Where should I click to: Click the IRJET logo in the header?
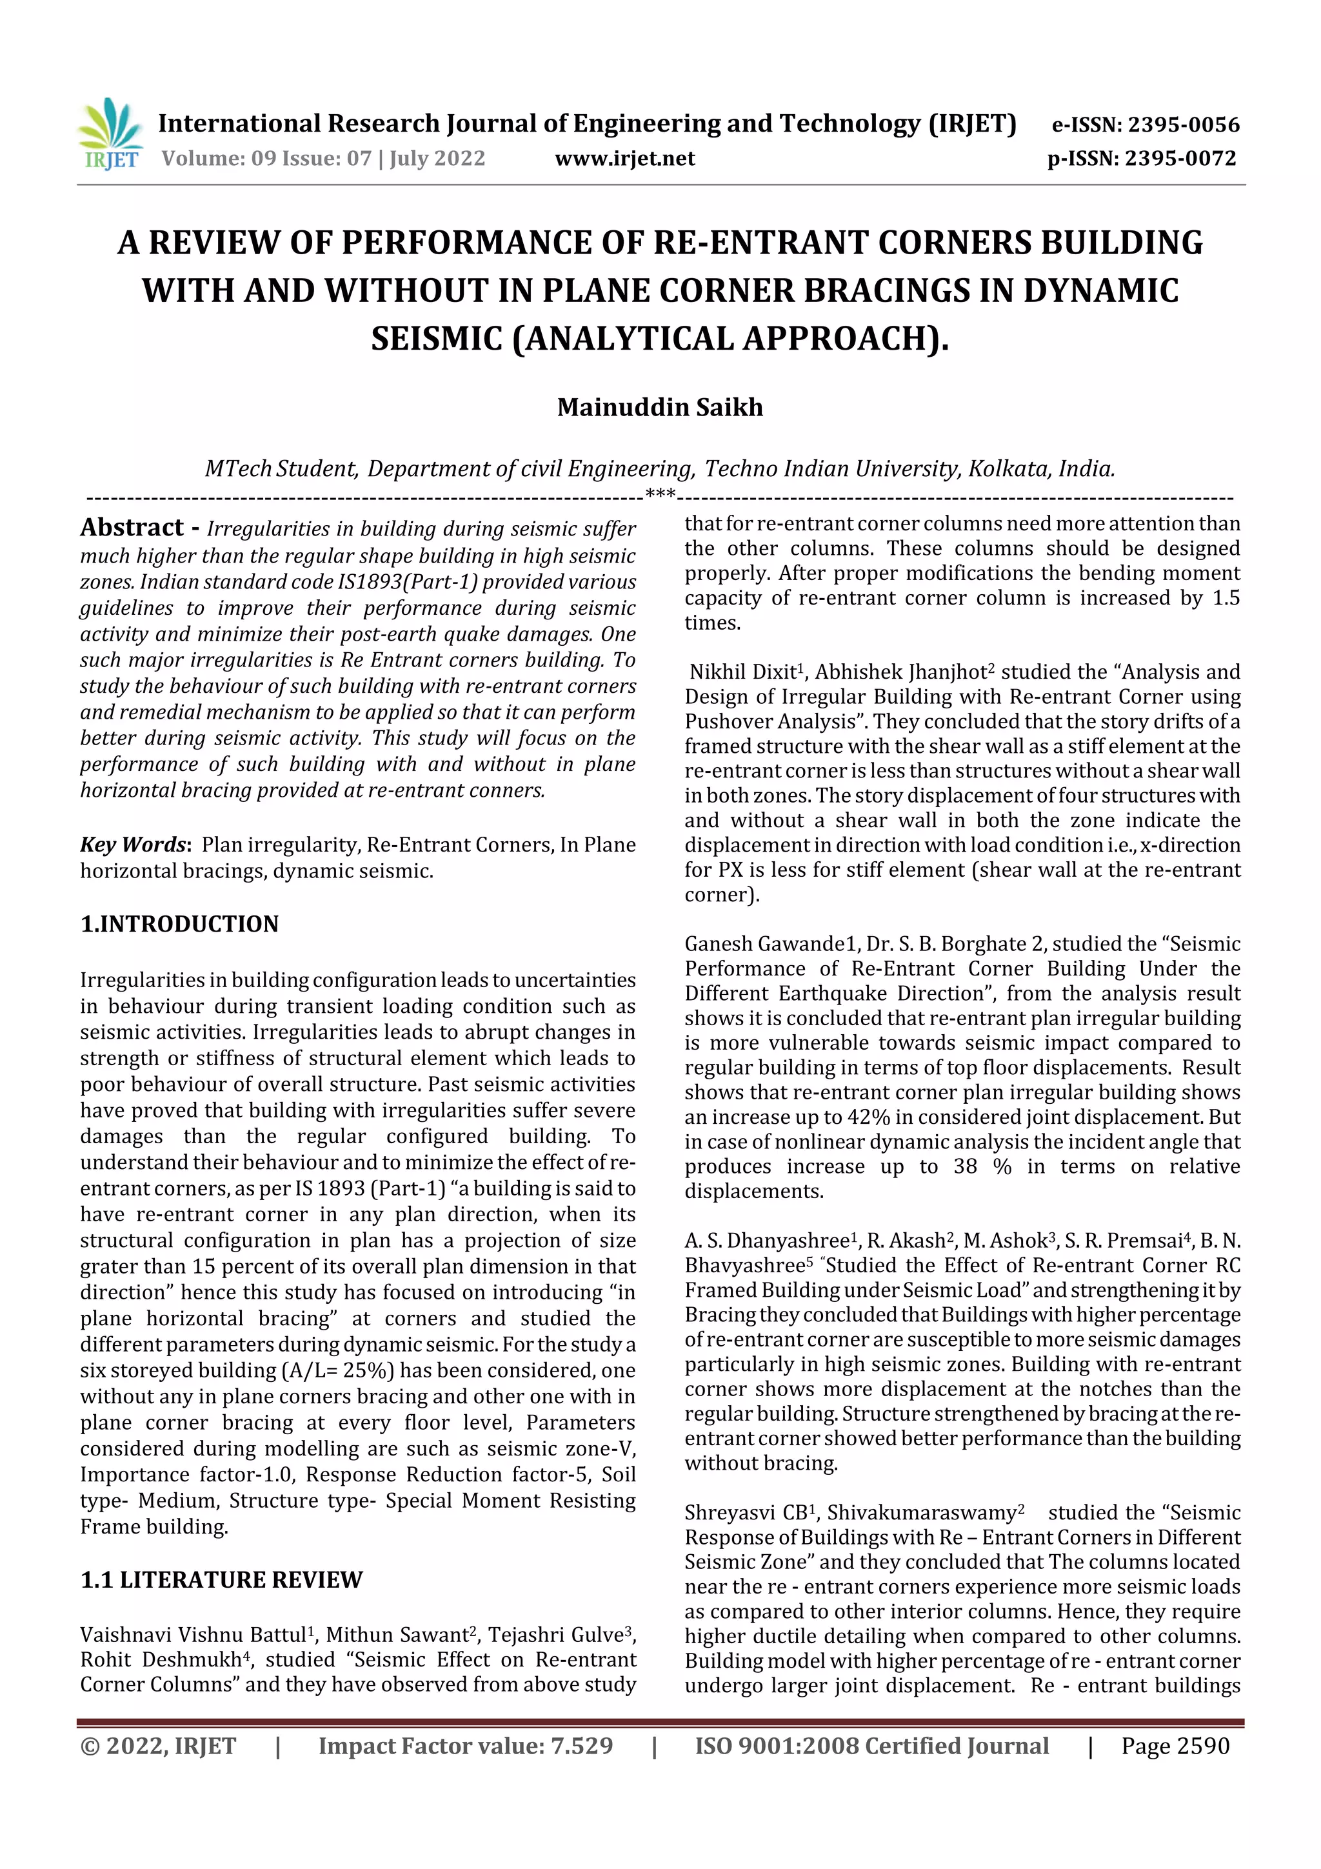point(110,134)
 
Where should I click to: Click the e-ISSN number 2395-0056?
point(1182,125)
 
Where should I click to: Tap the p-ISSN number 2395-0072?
point(1180,158)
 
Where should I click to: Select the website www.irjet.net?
point(624,158)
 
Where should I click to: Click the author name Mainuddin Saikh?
point(659,407)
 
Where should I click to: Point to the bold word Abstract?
point(132,528)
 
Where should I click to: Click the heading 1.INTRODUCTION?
point(179,924)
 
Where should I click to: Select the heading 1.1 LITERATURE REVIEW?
point(221,1579)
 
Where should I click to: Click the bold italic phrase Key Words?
point(134,845)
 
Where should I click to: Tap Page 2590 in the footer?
point(1175,1745)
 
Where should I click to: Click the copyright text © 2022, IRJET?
point(158,1745)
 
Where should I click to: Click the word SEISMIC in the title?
point(437,339)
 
